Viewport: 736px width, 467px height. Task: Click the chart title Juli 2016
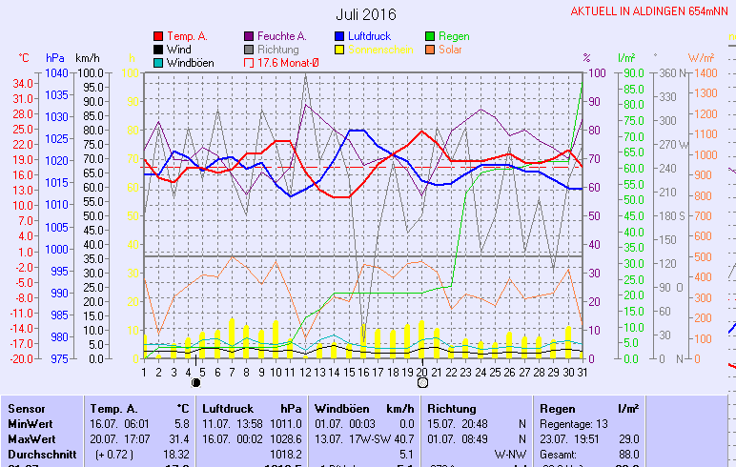point(366,14)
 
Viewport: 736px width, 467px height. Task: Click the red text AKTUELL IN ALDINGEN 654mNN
point(652,11)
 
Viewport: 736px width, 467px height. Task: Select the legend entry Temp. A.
point(187,36)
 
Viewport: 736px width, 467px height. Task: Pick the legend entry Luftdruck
point(364,36)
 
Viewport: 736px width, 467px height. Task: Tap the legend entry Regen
point(454,36)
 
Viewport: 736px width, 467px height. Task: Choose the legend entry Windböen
point(190,63)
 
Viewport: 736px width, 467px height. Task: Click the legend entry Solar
point(451,50)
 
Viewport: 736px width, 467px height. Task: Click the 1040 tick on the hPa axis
point(56,73)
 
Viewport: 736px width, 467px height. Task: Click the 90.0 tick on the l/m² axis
point(633,73)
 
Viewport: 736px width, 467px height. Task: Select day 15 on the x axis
point(349,372)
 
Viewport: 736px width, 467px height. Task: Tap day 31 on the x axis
point(583,372)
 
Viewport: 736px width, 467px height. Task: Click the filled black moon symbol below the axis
point(196,382)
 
